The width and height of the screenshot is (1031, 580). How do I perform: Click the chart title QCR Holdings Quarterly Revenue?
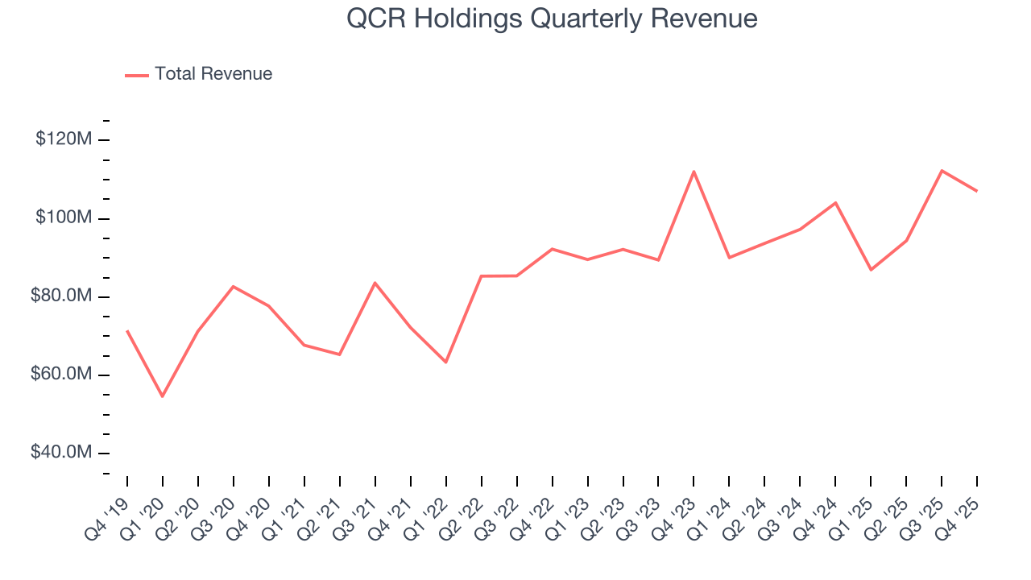pyautogui.click(x=552, y=18)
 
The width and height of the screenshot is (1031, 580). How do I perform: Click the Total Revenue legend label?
pyautogui.click(x=213, y=74)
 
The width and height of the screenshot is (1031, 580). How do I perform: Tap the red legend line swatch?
pyautogui.click(x=137, y=75)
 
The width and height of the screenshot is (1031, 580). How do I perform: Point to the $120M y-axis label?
pyautogui.click(x=64, y=139)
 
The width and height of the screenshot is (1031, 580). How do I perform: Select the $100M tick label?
pyautogui.click(x=64, y=218)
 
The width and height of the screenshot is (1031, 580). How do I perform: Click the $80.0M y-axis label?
pyautogui.click(x=61, y=296)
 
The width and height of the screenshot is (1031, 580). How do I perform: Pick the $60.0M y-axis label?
pyautogui.click(x=61, y=375)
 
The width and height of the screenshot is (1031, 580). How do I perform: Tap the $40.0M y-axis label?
pyautogui.click(x=61, y=453)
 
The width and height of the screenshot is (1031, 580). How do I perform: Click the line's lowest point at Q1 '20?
pyautogui.click(x=162, y=396)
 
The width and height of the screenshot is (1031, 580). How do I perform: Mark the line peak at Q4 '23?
pyautogui.click(x=694, y=171)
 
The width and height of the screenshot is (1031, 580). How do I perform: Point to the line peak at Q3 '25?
pyautogui.click(x=942, y=170)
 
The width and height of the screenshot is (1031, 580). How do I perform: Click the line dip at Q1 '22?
pyautogui.click(x=445, y=362)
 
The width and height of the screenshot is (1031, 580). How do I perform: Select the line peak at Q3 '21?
pyautogui.click(x=375, y=283)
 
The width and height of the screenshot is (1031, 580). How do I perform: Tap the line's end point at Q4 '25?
pyautogui.click(x=977, y=191)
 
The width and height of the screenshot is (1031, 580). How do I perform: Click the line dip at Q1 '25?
pyautogui.click(x=871, y=270)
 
